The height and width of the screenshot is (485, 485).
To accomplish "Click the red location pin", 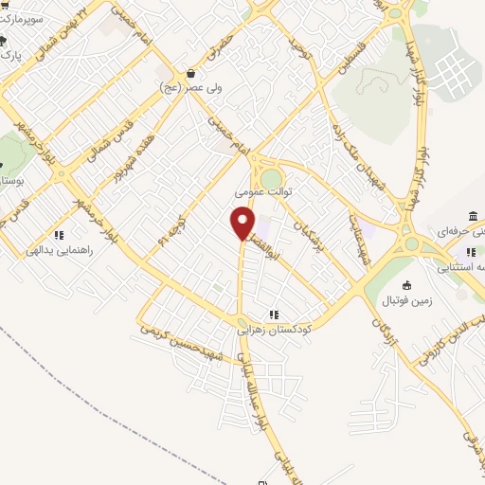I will [x=243, y=222].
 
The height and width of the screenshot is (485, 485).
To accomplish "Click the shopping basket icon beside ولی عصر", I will [x=191, y=73].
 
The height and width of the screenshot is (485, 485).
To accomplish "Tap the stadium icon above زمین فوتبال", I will [x=407, y=285].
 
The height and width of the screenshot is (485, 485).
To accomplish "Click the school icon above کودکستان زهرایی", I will [x=274, y=314].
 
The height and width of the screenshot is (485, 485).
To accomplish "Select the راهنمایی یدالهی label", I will [x=58, y=250].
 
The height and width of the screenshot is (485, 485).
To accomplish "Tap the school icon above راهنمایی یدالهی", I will [x=58, y=235].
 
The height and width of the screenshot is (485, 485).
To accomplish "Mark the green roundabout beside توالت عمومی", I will [x=272, y=178].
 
